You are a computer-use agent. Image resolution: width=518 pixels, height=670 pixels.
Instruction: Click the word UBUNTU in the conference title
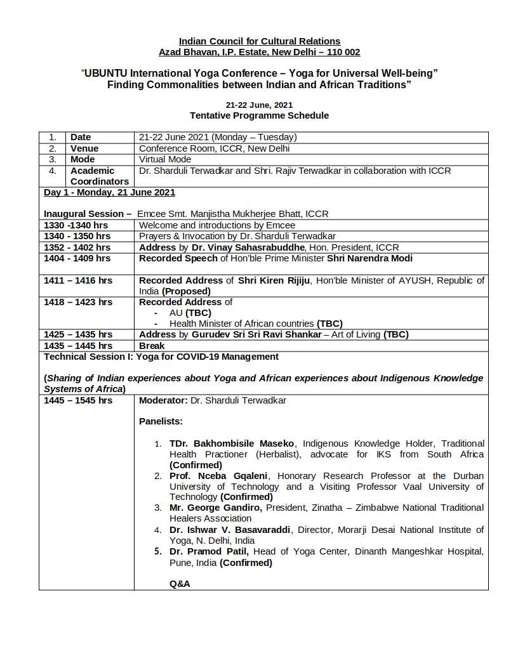coord(106,74)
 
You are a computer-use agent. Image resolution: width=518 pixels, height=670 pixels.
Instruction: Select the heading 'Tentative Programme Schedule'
coord(259,115)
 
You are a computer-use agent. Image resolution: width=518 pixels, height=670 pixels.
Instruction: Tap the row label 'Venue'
coord(84,148)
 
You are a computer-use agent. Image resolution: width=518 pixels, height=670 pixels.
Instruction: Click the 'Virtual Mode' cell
coord(165,159)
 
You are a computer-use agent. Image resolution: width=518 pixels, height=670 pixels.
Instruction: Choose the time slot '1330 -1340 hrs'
coord(76,225)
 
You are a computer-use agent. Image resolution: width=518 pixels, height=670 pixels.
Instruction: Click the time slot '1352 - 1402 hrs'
coord(77,247)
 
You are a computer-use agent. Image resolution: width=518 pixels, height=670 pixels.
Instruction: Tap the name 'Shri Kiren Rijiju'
coord(274,280)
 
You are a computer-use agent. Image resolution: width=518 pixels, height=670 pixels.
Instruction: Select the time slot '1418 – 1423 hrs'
coord(77,302)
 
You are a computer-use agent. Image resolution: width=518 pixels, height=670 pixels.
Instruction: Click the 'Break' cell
coord(152,346)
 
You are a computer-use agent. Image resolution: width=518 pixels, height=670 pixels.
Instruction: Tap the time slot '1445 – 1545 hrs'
coord(77,400)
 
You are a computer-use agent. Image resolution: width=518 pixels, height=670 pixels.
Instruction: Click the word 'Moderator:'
coord(163,400)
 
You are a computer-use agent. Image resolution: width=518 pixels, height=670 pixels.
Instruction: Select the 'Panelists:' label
coord(161,421)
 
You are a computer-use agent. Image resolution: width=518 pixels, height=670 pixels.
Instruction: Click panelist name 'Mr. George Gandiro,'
coord(216,508)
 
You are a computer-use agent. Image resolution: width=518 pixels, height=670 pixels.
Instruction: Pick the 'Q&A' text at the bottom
coord(180,584)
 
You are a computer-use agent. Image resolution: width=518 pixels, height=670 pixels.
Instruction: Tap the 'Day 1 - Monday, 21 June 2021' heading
coord(109,192)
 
